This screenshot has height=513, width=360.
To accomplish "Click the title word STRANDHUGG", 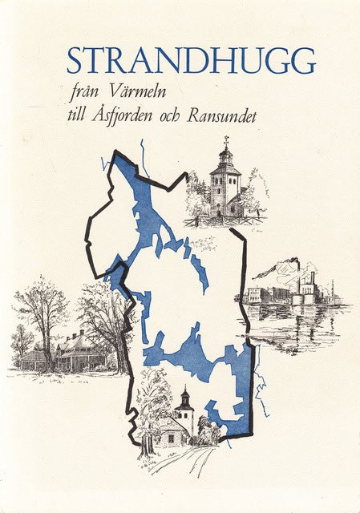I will [x=191, y=60].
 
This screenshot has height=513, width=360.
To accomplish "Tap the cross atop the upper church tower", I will [x=225, y=141].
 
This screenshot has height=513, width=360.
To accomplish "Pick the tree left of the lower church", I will [x=152, y=409].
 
